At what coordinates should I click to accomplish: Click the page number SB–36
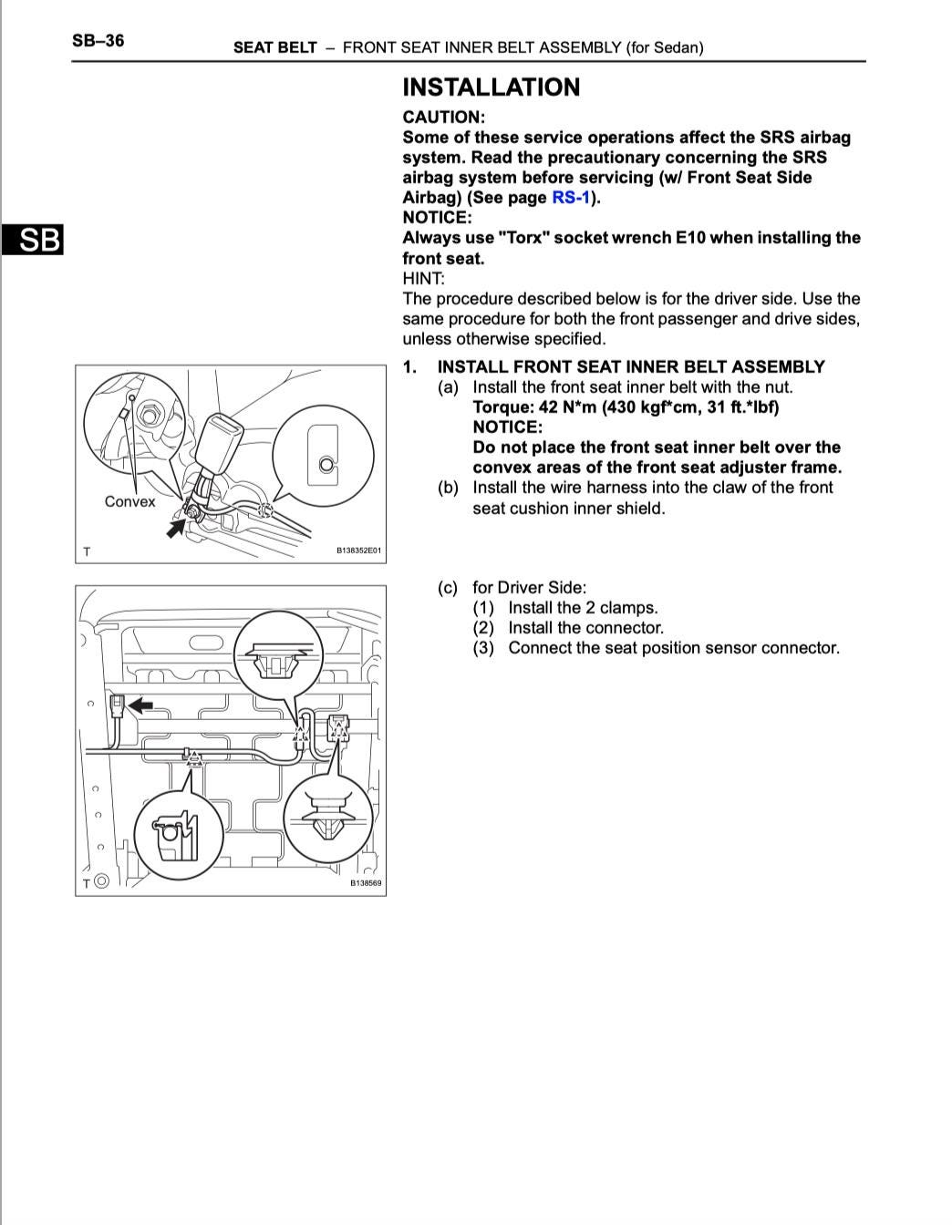[x=98, y=41]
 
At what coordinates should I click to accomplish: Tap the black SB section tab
[x=32, y=240]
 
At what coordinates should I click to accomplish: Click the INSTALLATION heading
[x=491, y=87]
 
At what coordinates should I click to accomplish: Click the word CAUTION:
[x=443, y=118]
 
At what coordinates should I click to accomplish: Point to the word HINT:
[x=423, y=279]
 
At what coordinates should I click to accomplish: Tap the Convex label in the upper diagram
[x=129, y=501]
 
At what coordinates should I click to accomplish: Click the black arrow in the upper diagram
[x=176, y=526]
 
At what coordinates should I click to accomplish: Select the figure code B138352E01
[x=358, y=551]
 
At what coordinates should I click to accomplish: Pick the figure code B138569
[x=366, y=882]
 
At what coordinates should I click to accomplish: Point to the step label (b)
[x=447, y=488]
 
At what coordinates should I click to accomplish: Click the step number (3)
[x=482, y=648]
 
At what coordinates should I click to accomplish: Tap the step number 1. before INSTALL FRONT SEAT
[x=410, y=367]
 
